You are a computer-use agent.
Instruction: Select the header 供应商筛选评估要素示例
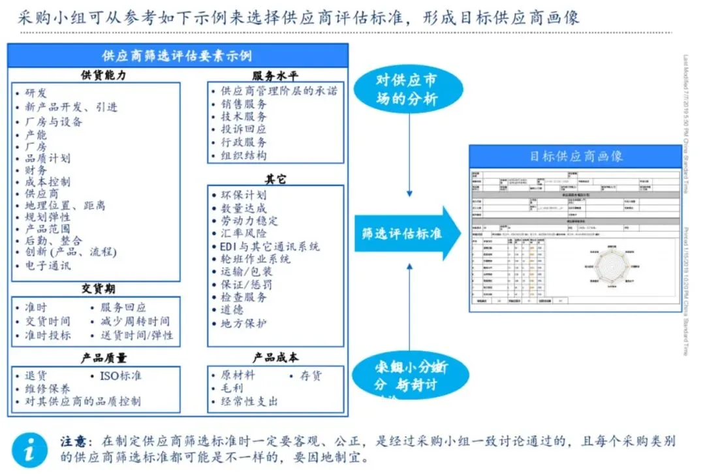click(177, 55)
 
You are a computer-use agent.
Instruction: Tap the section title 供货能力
click(104, 75)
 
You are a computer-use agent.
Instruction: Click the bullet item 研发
click(36, 93)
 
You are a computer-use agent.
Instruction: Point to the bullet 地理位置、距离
click(65, 206)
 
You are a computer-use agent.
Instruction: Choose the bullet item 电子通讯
click(48, 266)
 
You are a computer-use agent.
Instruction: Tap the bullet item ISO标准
click(120, 375)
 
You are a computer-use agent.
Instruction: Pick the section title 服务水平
click(275, 75)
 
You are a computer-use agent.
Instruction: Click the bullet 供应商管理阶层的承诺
click(280, 91)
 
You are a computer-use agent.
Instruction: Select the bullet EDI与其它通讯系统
click(270, 247)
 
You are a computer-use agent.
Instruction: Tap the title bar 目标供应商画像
click(576, 156)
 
